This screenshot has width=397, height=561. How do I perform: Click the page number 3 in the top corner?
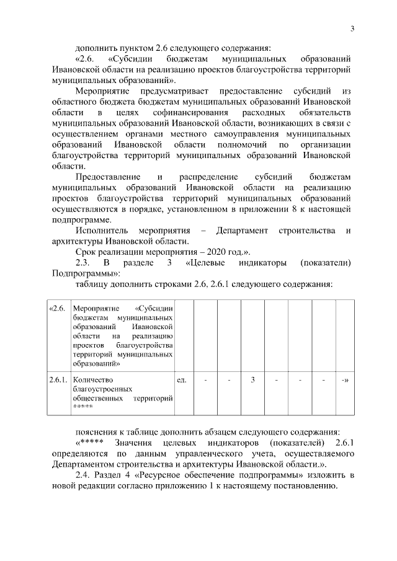(x=352, y=29)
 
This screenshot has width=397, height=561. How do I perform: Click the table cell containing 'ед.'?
(x=182, y=379)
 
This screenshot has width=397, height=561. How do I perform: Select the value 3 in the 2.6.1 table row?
(x=253, y=379)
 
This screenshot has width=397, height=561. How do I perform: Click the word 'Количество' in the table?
(x=92, y=379)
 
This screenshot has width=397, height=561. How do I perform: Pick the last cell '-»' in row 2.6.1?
(x=344, y=379)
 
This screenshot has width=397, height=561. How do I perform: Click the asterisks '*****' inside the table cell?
(x=83, y=407)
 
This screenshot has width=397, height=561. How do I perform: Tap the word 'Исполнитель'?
(x=103, y=231)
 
